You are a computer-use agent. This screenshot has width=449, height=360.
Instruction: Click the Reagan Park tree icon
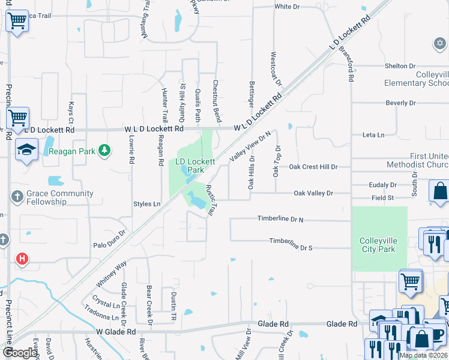[105, 150]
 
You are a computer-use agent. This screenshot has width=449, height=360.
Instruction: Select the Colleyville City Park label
[379, 245]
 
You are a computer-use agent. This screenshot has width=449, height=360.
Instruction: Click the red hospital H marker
[22, 259]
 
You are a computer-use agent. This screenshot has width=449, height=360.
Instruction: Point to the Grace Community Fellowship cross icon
[17, 196]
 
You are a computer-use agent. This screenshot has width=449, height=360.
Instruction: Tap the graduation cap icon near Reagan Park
[27, 150]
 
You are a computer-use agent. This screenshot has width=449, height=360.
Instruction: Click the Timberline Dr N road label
[280, 220]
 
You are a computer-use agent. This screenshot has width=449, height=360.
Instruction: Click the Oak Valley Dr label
[313, 193]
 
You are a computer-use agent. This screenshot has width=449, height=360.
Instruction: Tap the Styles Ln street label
[147, 205]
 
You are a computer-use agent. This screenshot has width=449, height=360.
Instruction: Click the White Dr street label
[287, 7]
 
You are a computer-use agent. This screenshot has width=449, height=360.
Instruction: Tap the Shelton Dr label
[400, 66]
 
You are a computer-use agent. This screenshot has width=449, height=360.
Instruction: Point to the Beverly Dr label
[400, 103]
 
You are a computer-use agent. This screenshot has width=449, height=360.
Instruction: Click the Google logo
[20, 353]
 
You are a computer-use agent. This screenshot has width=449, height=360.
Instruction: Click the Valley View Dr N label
[250, 146]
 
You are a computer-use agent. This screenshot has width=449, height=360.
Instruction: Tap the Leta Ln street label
[372, 135]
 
